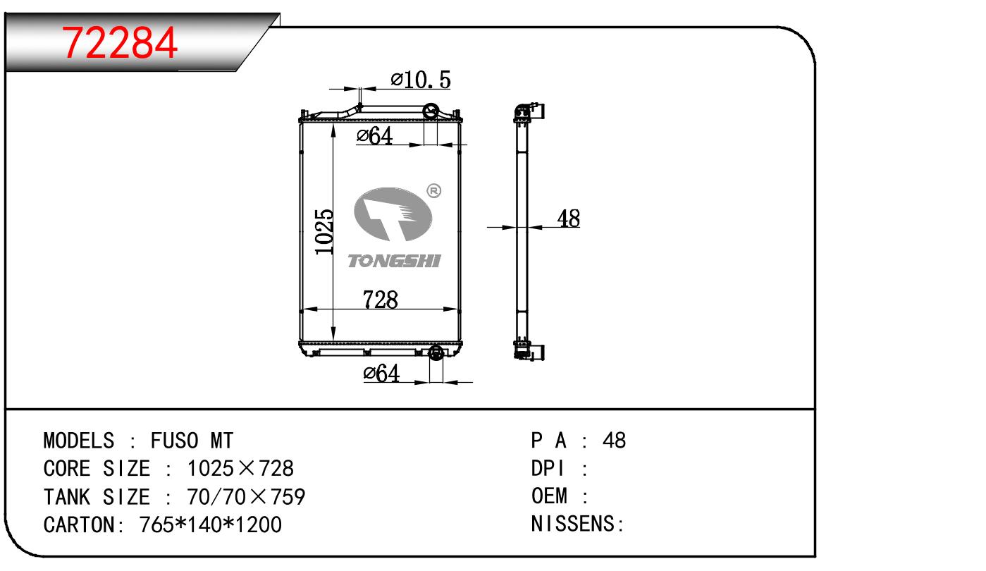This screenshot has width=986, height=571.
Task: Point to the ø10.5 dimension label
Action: coord(421,80)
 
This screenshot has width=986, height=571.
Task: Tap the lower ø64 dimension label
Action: coord(381,374)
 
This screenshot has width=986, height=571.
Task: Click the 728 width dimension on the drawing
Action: coord(381,300)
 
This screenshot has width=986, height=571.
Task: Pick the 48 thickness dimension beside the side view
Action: coord(568,219)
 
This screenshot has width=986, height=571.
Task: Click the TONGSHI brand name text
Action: coord(395,262)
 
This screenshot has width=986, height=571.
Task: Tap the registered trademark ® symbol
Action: coord(434,190)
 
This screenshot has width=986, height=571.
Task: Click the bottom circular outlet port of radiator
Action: coord(436,352)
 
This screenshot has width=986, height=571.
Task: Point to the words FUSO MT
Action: coord(192,441)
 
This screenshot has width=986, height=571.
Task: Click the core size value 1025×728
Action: coord(240,469)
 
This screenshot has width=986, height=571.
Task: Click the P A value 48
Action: coord(614,441)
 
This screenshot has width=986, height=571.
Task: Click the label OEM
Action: coord(549,497)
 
